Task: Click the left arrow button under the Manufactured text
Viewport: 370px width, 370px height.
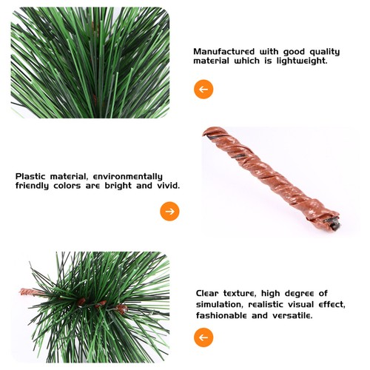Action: pos(203,90)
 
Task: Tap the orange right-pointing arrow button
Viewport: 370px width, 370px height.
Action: pos(170,212)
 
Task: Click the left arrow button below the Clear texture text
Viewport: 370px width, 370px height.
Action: pos(203,338)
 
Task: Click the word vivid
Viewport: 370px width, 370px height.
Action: pos(165,186)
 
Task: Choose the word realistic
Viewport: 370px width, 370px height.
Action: pos(280,304)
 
